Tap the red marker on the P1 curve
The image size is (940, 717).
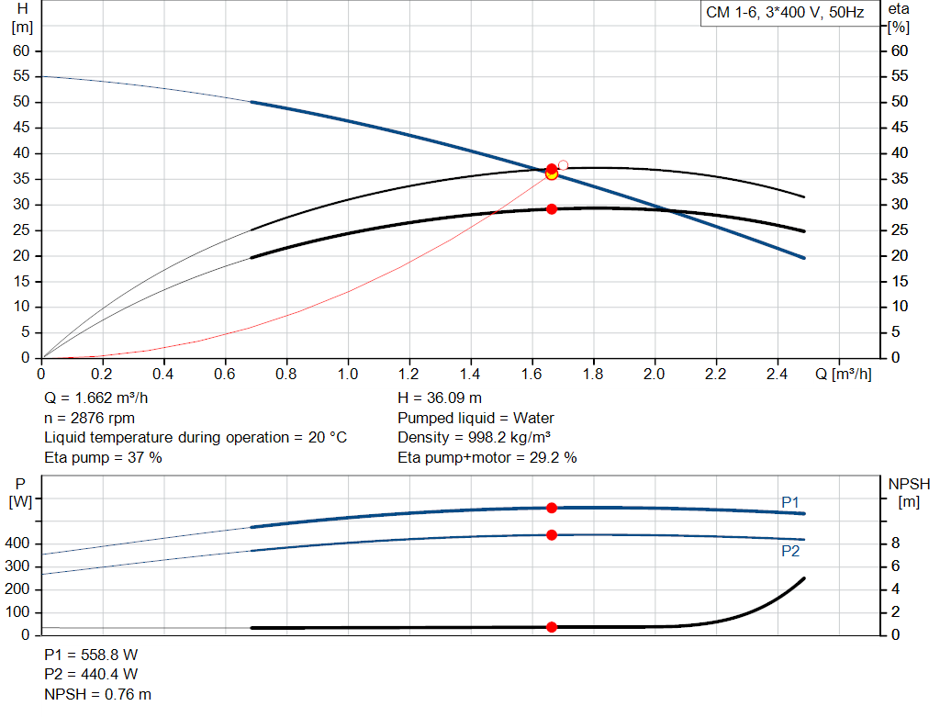pyautogui.click(x=552, y=508)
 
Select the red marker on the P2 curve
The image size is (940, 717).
pyautogui.click(x=552, y=534)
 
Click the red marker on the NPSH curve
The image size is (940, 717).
pyautogui.click(x=552, y=627)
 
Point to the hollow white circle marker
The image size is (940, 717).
pyautogui.click(x=563, y=165)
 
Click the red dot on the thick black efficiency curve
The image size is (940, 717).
pyautogui.click(x=552, y=209)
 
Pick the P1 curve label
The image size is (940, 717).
pyautogui.click(x=790, y=502)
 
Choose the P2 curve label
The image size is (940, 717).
pyautogui.click(x=790, y=551)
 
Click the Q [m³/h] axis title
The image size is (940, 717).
pyautogui.click(x=844, y=374)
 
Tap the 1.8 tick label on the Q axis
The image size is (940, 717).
pyautogui.click(x=593, y=374)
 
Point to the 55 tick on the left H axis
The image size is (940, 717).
pyautogui.click(x=21, y=76)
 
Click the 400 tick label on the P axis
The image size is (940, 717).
pyautogui.click(x=17, y=543)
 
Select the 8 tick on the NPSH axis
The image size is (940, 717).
pyautogui.click(x=895, y=543)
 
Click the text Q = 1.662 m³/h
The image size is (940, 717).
pyautogui.click(x=95, y=398)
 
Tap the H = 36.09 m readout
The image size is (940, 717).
pyautogui.click(x=440, y=398)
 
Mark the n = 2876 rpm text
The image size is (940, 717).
pyautogui.click(x=89, y=418)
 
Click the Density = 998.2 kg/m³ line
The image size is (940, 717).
pyautogui.click(x=475, y=438)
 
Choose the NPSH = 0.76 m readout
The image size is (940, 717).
pyautogui.click(x=97, y=694)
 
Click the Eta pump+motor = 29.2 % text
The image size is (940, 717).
pyautogui.click(x=487, y=457)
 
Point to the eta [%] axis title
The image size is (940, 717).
pyautogui.click(x=899, y=18)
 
